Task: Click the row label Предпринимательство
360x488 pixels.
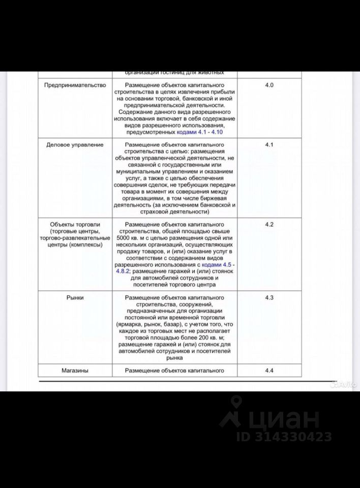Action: (75, 85)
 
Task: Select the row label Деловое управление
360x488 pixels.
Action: (75, 145)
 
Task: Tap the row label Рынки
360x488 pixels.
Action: (75, 297)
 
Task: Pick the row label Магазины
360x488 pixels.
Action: (75, 371)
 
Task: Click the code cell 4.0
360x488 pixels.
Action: (269, 85)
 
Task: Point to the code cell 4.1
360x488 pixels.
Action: (269, 145)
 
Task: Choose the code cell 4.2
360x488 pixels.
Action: (269, 224)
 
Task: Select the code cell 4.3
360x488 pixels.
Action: (269, 297)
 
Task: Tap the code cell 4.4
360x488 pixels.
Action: (269, 371)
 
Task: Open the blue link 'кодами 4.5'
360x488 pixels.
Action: (216, 265)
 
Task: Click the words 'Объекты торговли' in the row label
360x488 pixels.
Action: (75, 225)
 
